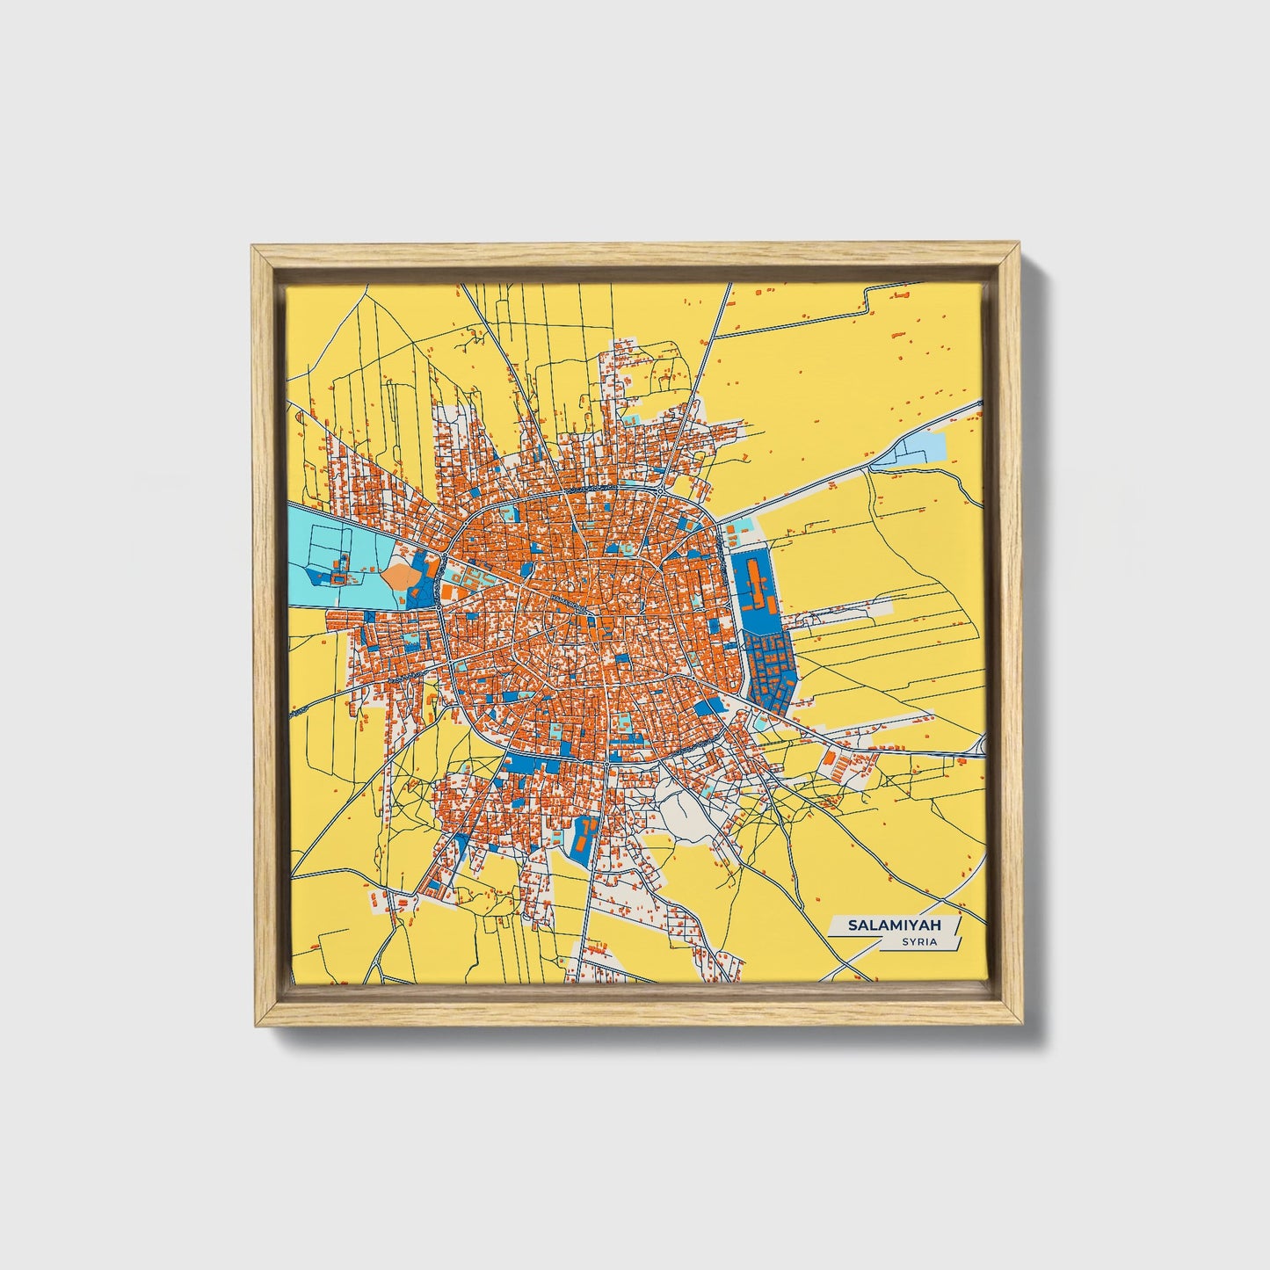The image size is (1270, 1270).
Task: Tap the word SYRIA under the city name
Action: click(x=918, y=942)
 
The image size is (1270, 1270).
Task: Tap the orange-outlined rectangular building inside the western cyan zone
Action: click(x=335, y=577)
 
